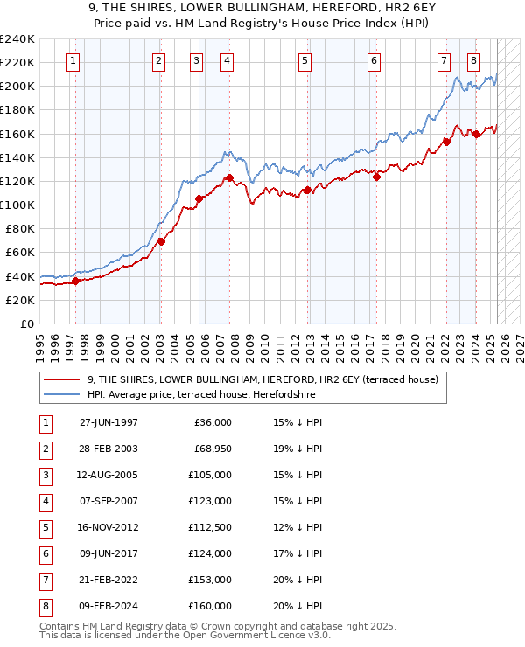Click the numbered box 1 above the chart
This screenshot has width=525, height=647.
[72, 61]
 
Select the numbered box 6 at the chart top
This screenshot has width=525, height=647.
[374, 61]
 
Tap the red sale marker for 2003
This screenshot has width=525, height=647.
[161, 241]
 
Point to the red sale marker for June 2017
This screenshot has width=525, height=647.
[377, 177]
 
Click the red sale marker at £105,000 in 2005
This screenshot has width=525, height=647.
[199, 198]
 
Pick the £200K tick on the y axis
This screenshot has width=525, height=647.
[17, 86]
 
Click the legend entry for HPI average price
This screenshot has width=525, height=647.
[200, 394]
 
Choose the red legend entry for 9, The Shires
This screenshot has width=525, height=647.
[267, 379]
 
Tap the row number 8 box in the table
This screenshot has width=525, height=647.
[45, 607]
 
